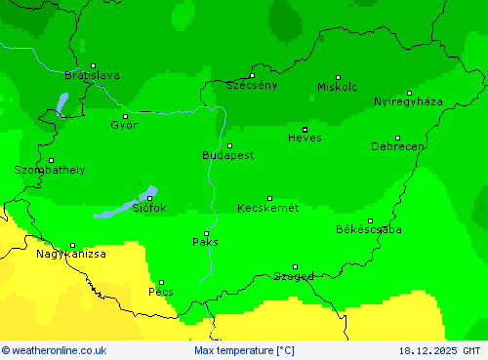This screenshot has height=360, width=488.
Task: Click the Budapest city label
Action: point(227,155)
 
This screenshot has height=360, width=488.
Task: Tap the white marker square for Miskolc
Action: point(339,77)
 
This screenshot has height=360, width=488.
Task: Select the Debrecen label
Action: point(397,146)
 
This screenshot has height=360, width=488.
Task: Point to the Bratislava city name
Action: point(92,75)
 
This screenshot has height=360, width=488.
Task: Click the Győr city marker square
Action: point(125,116)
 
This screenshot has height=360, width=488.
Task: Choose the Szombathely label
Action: point(49,170)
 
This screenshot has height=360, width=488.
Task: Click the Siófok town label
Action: point(149,208)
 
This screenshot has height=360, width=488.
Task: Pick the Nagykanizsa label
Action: point(71,254)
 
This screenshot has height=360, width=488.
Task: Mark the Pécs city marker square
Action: point(162,282)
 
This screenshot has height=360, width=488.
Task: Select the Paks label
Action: point(205,241)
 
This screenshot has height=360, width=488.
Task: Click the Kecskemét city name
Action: point(267,208)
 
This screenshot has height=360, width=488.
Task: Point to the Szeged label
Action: point(294,276)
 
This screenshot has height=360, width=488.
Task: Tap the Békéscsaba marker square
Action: point(370,220)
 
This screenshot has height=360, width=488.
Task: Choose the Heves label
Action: point(305,138)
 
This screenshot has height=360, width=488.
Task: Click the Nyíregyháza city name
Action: point(408,101)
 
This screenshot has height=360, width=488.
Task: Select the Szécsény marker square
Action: point(252,75)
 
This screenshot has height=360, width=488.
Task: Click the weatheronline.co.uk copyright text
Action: point(55,350)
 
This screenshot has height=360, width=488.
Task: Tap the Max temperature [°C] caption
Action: point(244,350)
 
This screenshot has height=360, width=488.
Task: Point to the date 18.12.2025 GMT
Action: point(439,350)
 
